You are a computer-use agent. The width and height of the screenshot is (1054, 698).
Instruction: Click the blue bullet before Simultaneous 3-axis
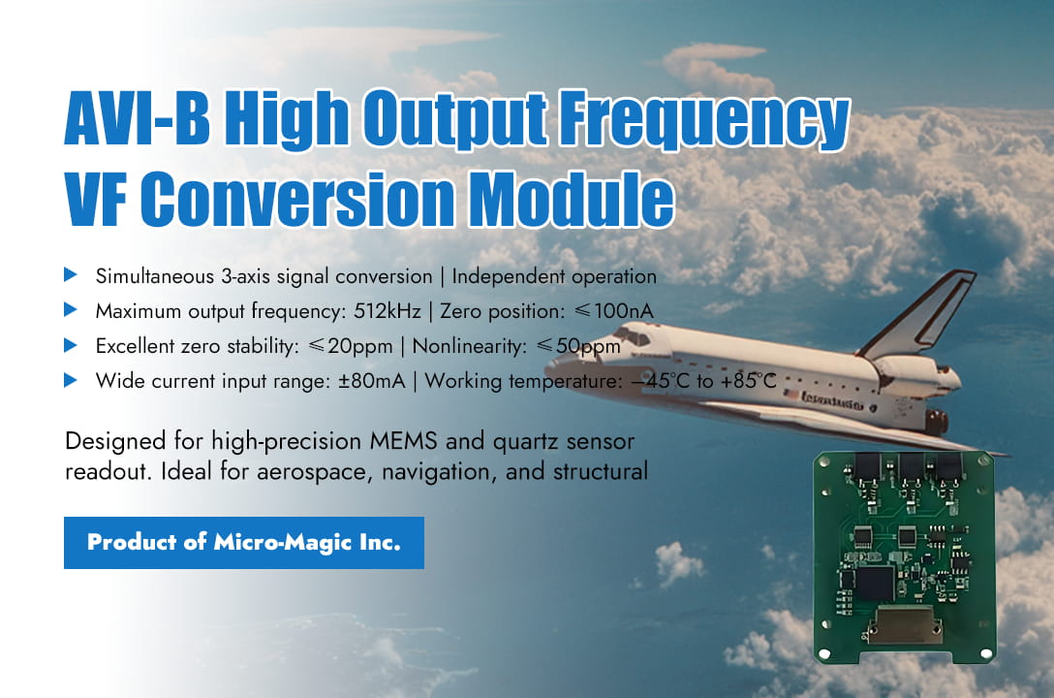pos(71,275)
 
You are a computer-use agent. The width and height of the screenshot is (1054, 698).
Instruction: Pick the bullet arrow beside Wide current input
pos(71,380)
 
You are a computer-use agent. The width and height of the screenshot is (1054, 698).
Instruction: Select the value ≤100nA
pos(617,311)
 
